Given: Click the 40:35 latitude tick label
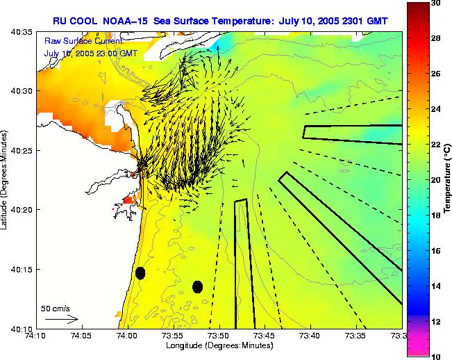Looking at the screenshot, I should (20, 32).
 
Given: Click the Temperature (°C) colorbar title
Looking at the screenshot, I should (448, 180).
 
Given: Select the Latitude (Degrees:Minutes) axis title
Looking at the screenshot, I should (6, 180).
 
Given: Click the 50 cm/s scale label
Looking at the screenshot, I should (56, 308).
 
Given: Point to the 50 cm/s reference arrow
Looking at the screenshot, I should (62, 319).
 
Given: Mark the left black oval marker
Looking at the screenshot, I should (140, 273).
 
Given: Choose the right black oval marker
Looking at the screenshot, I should (197, 286).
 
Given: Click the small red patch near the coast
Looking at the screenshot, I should (126, 201).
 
